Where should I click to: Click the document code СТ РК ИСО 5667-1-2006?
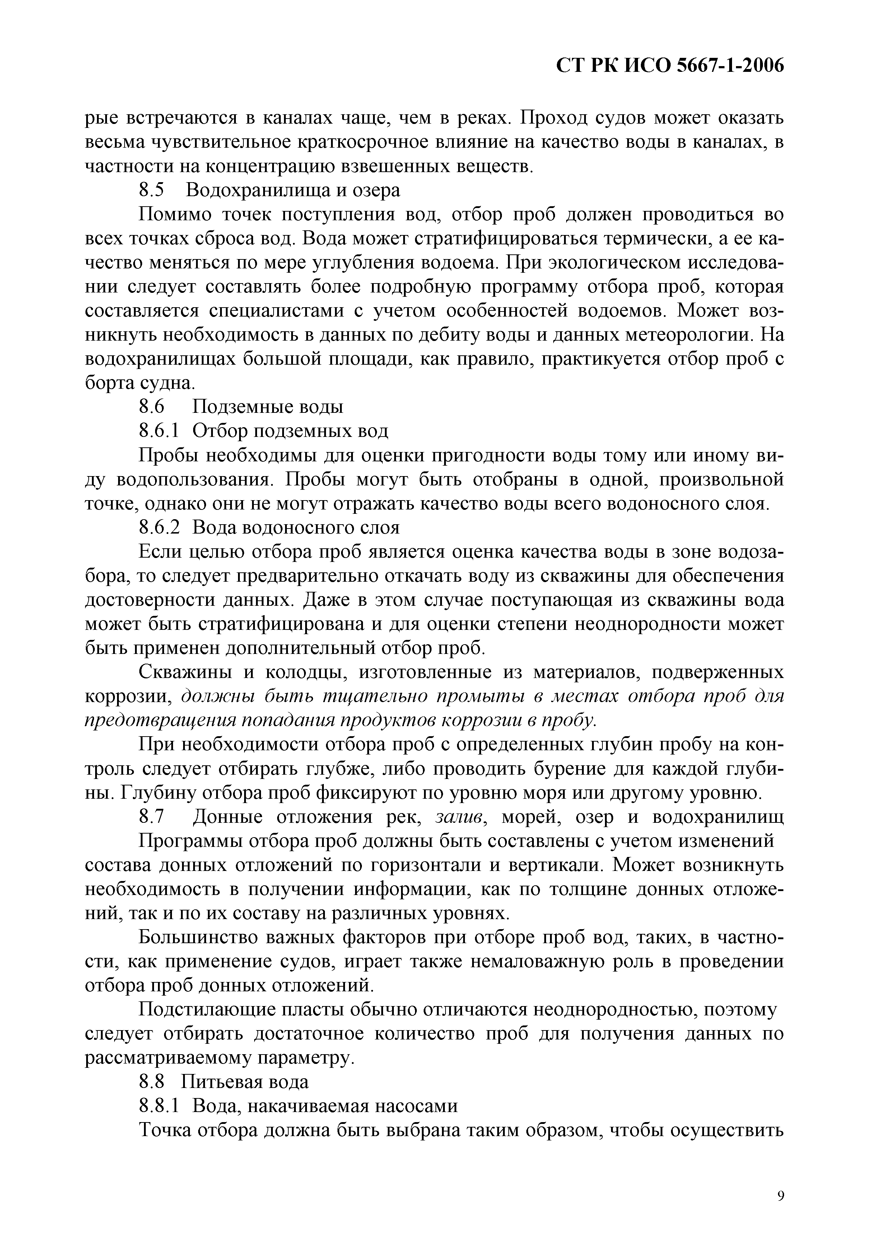[x=670, y=66]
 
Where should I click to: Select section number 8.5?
[x=152, y=190]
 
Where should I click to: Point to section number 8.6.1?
[x=159, y=431]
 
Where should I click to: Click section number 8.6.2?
[x=159, y=527]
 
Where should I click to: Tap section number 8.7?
[x=152, y=817]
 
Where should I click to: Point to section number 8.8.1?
[x=159, y=1106]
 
